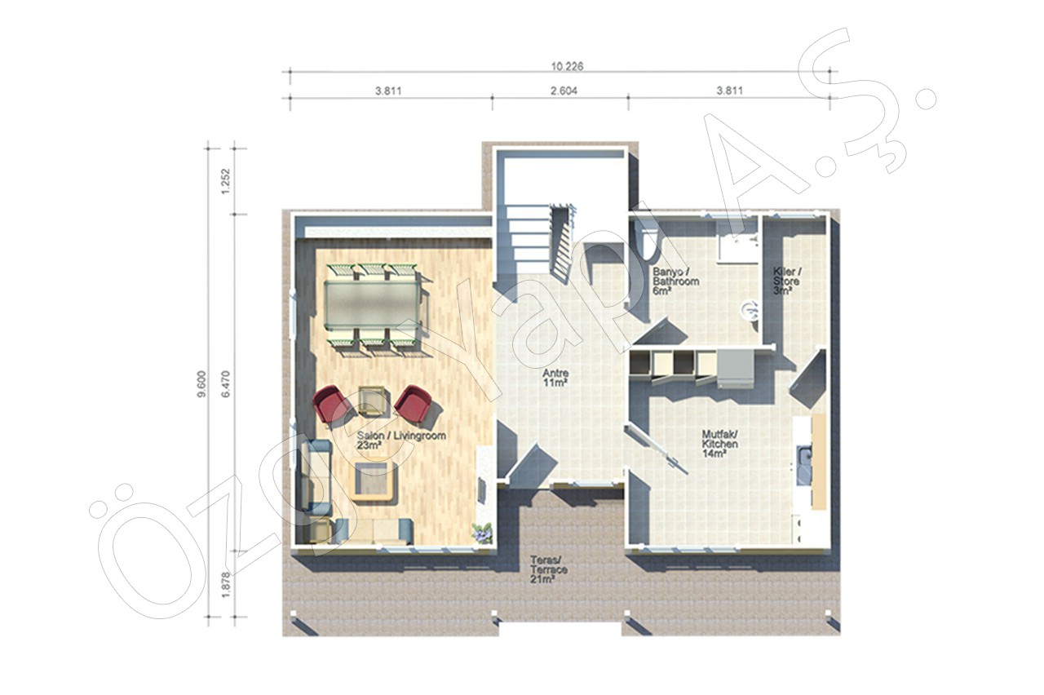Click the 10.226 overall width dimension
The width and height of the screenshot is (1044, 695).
click(567, 66)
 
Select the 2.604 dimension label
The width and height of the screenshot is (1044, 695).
click(564, 91)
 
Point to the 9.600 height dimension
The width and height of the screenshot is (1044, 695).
click(201, 384)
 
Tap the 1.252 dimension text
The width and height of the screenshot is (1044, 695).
click(226, 181)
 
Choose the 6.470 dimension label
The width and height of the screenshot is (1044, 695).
click(226, 384)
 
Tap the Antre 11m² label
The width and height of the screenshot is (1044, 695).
click(555, 378)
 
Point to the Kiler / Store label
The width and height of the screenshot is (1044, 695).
click(787, 281)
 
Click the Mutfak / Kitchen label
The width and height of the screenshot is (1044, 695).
click(720, 444)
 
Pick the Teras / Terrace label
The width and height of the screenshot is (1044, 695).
click(548, 569)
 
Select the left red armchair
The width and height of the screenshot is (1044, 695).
click(331, 404)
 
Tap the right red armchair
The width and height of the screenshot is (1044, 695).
click(412, 403)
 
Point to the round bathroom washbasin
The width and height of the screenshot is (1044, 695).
click(750, 310)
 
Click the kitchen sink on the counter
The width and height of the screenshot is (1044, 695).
click(803, 465)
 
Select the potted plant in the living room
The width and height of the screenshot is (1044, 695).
click(482, 533)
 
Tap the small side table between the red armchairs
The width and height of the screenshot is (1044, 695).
click(371, 400)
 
